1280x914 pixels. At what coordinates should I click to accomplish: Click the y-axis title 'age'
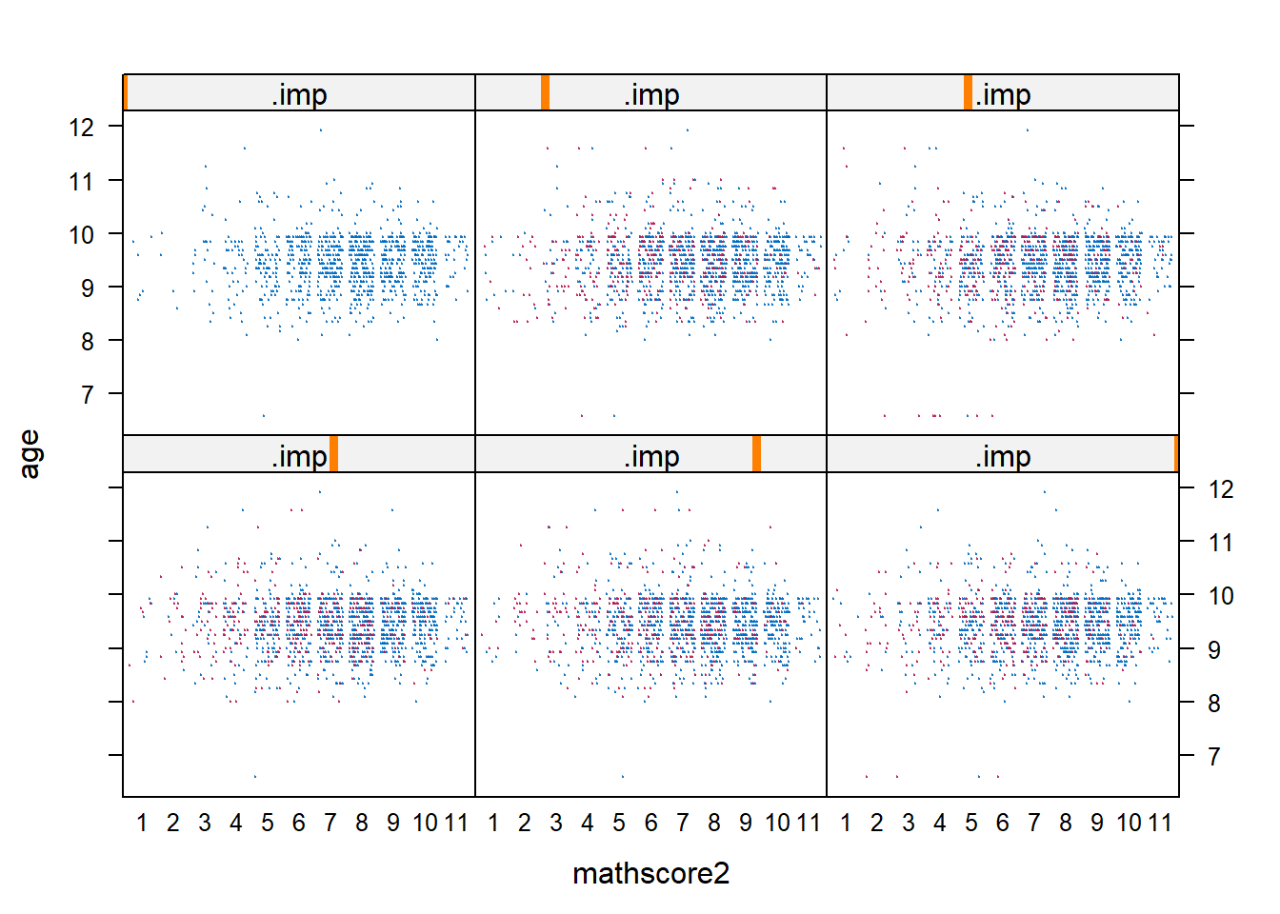click(x=30, y=454)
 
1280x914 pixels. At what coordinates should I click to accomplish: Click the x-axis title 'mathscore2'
click(x=650, y=873)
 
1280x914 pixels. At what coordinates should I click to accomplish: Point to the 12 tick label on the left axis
click(x=82, y=127)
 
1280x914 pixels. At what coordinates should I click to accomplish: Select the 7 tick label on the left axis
click(x=88, y=394)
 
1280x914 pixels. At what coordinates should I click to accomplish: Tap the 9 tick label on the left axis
click(x=88, y=288)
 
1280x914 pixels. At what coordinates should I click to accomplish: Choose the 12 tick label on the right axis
click(x=1220, y=489)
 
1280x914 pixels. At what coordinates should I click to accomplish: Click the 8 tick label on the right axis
click(x=1213, y=704)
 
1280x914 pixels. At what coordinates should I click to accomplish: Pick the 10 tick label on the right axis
click(x=1220, y=596)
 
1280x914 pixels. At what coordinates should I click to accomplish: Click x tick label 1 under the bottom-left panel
click(x=142, y=823)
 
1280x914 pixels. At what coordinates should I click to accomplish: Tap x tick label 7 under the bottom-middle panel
click(x=682, y=823)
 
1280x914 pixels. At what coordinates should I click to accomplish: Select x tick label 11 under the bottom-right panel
click(x=1159, y=823)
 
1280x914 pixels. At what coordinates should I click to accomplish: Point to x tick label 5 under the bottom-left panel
click(x=268, y=823)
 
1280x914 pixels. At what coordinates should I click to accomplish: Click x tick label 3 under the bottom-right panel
click(x=908, y=823)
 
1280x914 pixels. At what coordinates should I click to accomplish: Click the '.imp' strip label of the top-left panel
click(x=299, y=94)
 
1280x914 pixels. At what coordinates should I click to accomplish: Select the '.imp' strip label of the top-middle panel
click(x=651, y=94)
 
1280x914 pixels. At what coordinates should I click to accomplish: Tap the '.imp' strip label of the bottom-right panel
click(x=1003, y=457)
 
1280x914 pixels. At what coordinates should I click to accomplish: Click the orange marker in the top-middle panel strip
click(x=545, y=92)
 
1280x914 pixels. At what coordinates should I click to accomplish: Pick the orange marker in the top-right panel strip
click(x=968, y=92)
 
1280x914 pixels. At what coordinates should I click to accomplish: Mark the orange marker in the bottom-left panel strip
click(x=333, y=453)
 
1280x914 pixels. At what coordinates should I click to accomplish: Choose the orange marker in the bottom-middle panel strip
click(x=756, y=453)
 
